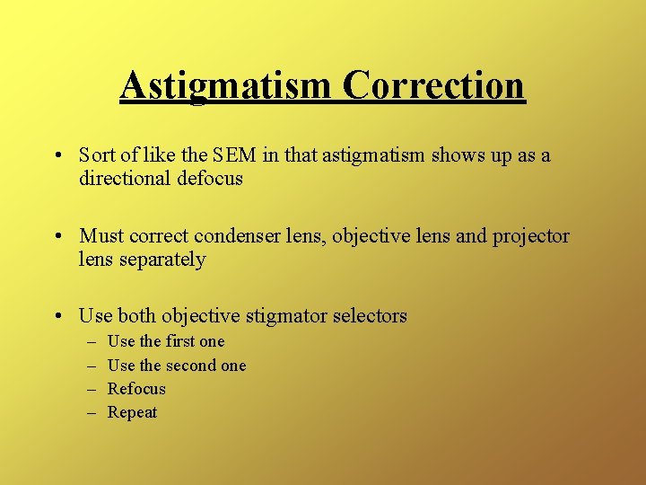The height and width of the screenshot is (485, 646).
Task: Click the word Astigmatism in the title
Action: tap(226, 85)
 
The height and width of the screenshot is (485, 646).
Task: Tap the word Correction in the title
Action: tap(432, 85)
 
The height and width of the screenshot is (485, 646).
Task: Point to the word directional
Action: tap(124, 178)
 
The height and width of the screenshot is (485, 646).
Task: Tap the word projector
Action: tap(528, 236)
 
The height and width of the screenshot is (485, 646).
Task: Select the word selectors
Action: tap(370, 316)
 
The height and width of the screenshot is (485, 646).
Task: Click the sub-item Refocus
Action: tap(136, 389)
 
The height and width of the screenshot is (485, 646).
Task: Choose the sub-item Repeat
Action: tap(132, 412)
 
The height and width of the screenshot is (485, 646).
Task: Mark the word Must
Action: tap(100, 236)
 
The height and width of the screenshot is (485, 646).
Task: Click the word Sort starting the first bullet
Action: tap(96, 155)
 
